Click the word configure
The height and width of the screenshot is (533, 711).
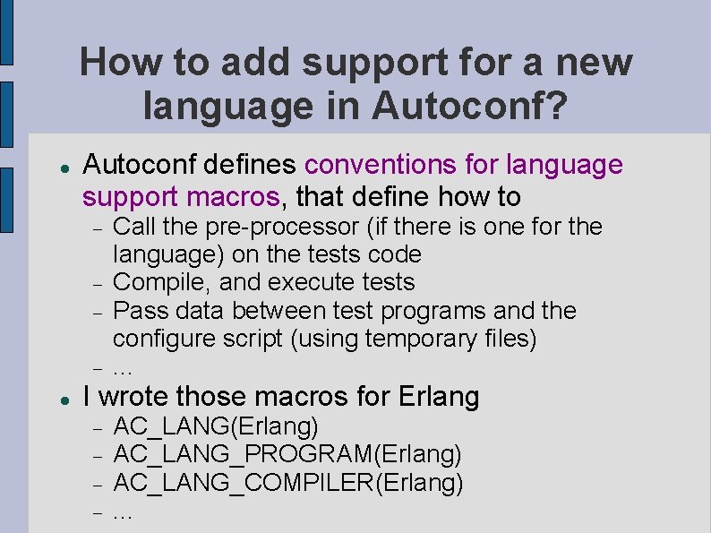tap(166, 340)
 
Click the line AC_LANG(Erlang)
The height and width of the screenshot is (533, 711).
tap(216, 426)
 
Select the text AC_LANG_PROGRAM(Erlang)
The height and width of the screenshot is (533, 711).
tap(287, 455)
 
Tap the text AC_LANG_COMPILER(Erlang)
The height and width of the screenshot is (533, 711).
tap(288, 484)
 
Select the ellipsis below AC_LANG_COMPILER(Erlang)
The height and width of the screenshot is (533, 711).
tap(124, 515)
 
